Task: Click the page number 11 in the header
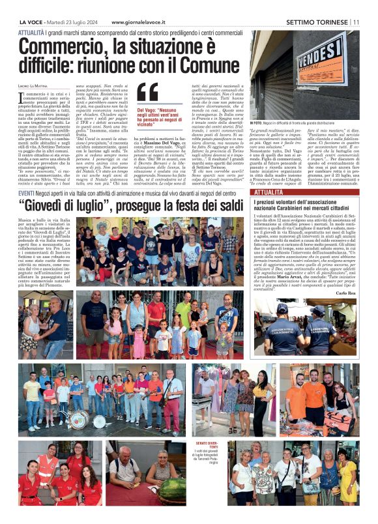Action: (x=356, y=22)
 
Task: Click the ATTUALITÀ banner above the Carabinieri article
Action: (x=269, y=193)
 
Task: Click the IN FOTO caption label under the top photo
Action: (x=255, y=123)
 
